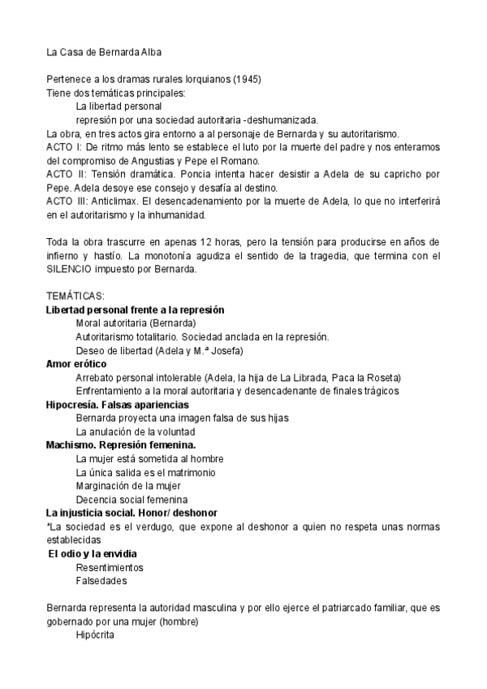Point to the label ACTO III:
tap(67, 200)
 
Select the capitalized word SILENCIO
tap(72, 269)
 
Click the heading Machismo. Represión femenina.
tap(121, 444)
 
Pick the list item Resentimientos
tap(110, 567)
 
